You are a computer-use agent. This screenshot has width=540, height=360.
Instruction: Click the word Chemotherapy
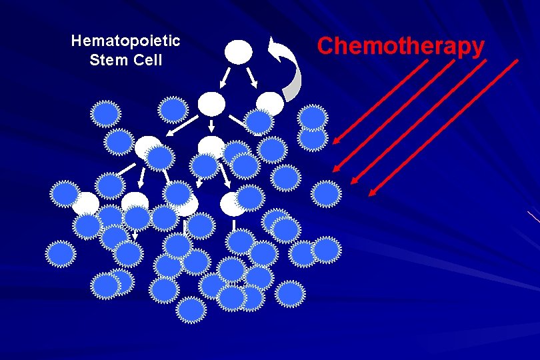[401, 46]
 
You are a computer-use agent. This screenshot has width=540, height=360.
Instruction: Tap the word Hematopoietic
[125, 41]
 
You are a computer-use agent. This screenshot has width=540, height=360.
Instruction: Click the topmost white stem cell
[239, 51]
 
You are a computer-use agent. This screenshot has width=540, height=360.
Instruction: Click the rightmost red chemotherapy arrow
[443, 127]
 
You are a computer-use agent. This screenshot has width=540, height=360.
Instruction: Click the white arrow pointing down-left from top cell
[225, 79]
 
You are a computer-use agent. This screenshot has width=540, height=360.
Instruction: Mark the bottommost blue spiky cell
[191, 309]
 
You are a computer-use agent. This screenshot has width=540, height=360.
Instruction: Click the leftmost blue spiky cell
[61, 253]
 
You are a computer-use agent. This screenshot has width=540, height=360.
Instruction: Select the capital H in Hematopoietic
[76, 41]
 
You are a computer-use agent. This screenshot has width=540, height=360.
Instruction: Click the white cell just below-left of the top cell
[212, 103]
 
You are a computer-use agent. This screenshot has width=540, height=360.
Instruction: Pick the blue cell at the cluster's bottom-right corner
[290, 293]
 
